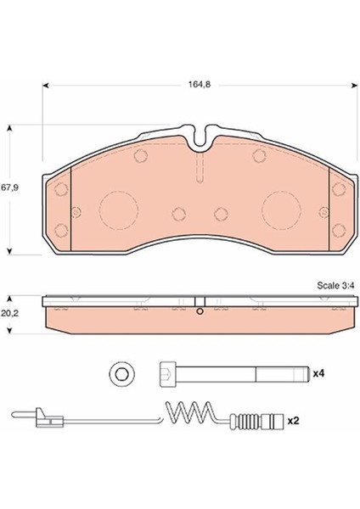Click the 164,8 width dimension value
[200, 84]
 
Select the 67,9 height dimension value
[9, 187]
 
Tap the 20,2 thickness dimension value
[9, 314]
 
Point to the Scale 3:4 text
[335, 286]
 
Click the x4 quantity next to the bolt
[318, 373]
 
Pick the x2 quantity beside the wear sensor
[294, 421]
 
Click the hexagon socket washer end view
[122, 374]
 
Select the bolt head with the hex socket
[167, 374]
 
